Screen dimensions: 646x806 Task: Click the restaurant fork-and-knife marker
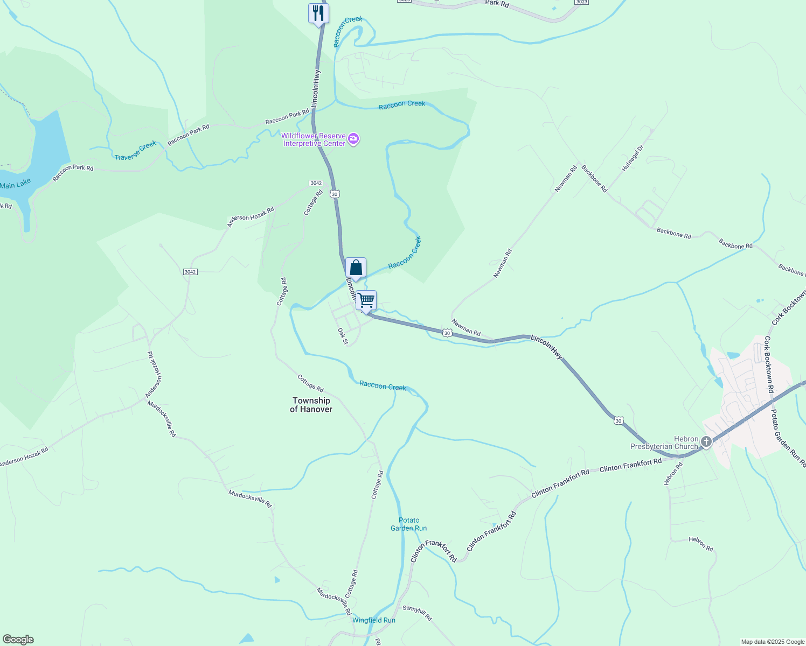[318, 13]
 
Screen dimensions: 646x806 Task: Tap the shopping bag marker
[356, 268]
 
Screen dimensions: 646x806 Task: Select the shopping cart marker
[366, 300]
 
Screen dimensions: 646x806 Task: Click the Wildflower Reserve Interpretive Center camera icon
[353, 139]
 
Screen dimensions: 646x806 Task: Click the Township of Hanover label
[311, 405]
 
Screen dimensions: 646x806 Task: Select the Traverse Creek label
[135, 150]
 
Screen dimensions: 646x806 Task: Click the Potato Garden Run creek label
[409, 524]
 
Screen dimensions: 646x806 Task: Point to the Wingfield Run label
[374, 620]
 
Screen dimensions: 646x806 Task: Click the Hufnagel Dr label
[633, 158]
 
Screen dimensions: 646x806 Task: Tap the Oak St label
[343, 336]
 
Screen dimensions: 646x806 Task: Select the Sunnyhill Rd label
[418, 613]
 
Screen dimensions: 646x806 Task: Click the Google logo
[18, 640]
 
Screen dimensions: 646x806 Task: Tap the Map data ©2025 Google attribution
[772, 642]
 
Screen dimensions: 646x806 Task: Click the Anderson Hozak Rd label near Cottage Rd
[251, 217]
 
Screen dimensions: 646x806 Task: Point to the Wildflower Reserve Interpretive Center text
[314, 140]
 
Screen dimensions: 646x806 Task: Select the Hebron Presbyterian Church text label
[664, 443]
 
